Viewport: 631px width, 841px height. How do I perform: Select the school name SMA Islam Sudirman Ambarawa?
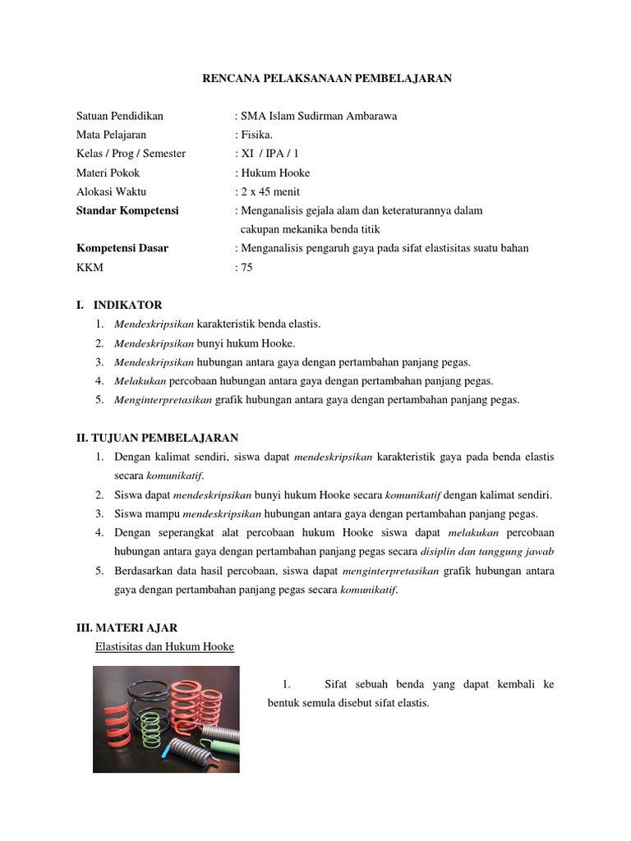(x=318, y=116)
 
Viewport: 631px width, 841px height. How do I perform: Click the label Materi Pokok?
(x=108, y=172)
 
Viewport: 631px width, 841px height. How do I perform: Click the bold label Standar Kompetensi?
(x=127, y=210)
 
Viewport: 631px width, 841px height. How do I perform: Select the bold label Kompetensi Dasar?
(x=122, y=248)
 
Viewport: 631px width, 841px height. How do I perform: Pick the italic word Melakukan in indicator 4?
(x=140, y=380)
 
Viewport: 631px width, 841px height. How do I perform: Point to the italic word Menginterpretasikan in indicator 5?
(x=163, y=399)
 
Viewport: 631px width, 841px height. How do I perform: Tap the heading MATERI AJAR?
(x=131, y=627)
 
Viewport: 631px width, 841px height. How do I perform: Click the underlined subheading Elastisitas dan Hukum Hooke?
(x=164, y=646)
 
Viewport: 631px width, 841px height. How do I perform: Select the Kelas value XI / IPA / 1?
(x=270, y=154)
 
